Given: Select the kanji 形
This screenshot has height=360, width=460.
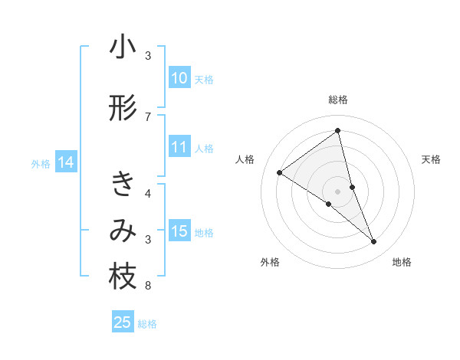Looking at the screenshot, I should coord(123,109).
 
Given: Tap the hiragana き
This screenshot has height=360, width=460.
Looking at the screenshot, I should coord(123,185).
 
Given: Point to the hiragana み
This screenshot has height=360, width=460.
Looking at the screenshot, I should coord(123,231).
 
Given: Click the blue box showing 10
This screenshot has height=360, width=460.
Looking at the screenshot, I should coord(179,79).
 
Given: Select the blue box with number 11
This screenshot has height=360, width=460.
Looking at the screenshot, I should coord(179,148).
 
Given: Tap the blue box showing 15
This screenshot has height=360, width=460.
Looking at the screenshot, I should coord(179,232).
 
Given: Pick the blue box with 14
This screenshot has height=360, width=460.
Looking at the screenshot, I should coord(65,162).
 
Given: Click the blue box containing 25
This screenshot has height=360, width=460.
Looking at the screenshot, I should coord(123,323).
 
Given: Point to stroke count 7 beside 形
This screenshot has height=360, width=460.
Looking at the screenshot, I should coord(148,116).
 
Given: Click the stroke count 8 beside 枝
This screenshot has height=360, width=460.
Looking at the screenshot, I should coord(148,286).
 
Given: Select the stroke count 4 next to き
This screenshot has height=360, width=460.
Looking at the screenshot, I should coord(148,193).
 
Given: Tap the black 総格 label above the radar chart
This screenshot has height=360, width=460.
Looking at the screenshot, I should coord(338,100).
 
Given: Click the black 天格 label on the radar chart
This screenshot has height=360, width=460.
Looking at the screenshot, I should coord(431,159).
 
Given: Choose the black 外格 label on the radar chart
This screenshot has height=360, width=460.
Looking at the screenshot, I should coord(270,263).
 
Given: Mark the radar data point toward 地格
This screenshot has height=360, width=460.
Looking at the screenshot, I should coord(374,242).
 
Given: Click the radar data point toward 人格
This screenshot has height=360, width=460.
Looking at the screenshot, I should coord(280,173).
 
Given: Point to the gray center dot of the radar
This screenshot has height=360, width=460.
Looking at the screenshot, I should coord(337,190).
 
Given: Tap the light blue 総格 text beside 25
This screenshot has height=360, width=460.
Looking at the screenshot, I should coord(147,324).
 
